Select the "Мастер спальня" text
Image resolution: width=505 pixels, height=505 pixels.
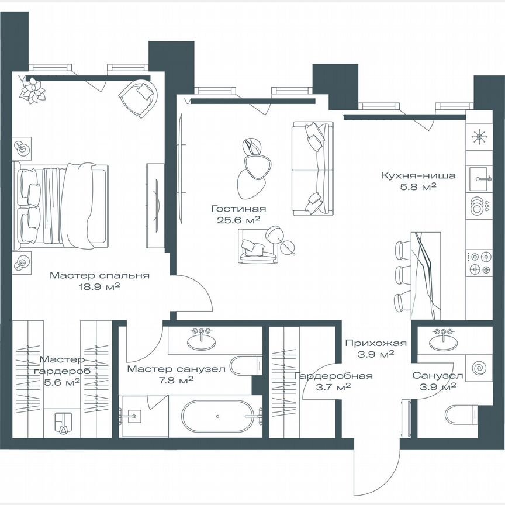point(99,275)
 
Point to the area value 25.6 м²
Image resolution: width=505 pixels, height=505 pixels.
point(238,220)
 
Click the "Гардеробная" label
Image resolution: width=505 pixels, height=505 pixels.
point(333,376)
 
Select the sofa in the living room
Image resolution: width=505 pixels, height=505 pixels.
point(313,168)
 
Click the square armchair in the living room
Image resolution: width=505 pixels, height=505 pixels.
point(254,245)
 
